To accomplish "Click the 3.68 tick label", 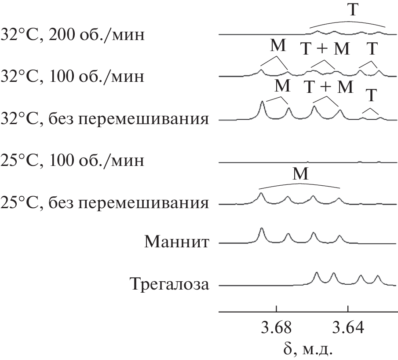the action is [276, 327].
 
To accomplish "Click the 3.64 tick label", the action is [348, 327].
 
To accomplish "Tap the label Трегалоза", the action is [170, 284].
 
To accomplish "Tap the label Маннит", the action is [177, 242].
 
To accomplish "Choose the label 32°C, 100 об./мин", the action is [73, 76].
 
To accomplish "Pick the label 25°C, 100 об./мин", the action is [73, 161].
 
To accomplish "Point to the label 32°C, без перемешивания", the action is [105, 119].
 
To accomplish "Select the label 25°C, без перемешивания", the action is [105, 203].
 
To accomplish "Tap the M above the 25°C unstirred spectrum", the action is [300, 174].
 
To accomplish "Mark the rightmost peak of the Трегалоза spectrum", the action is [378, 276].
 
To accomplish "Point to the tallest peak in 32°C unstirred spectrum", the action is [262, 102].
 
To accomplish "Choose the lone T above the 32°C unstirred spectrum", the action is [371, 96].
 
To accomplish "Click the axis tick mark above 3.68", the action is [277, 309].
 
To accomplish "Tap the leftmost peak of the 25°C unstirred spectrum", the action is [261, 194].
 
